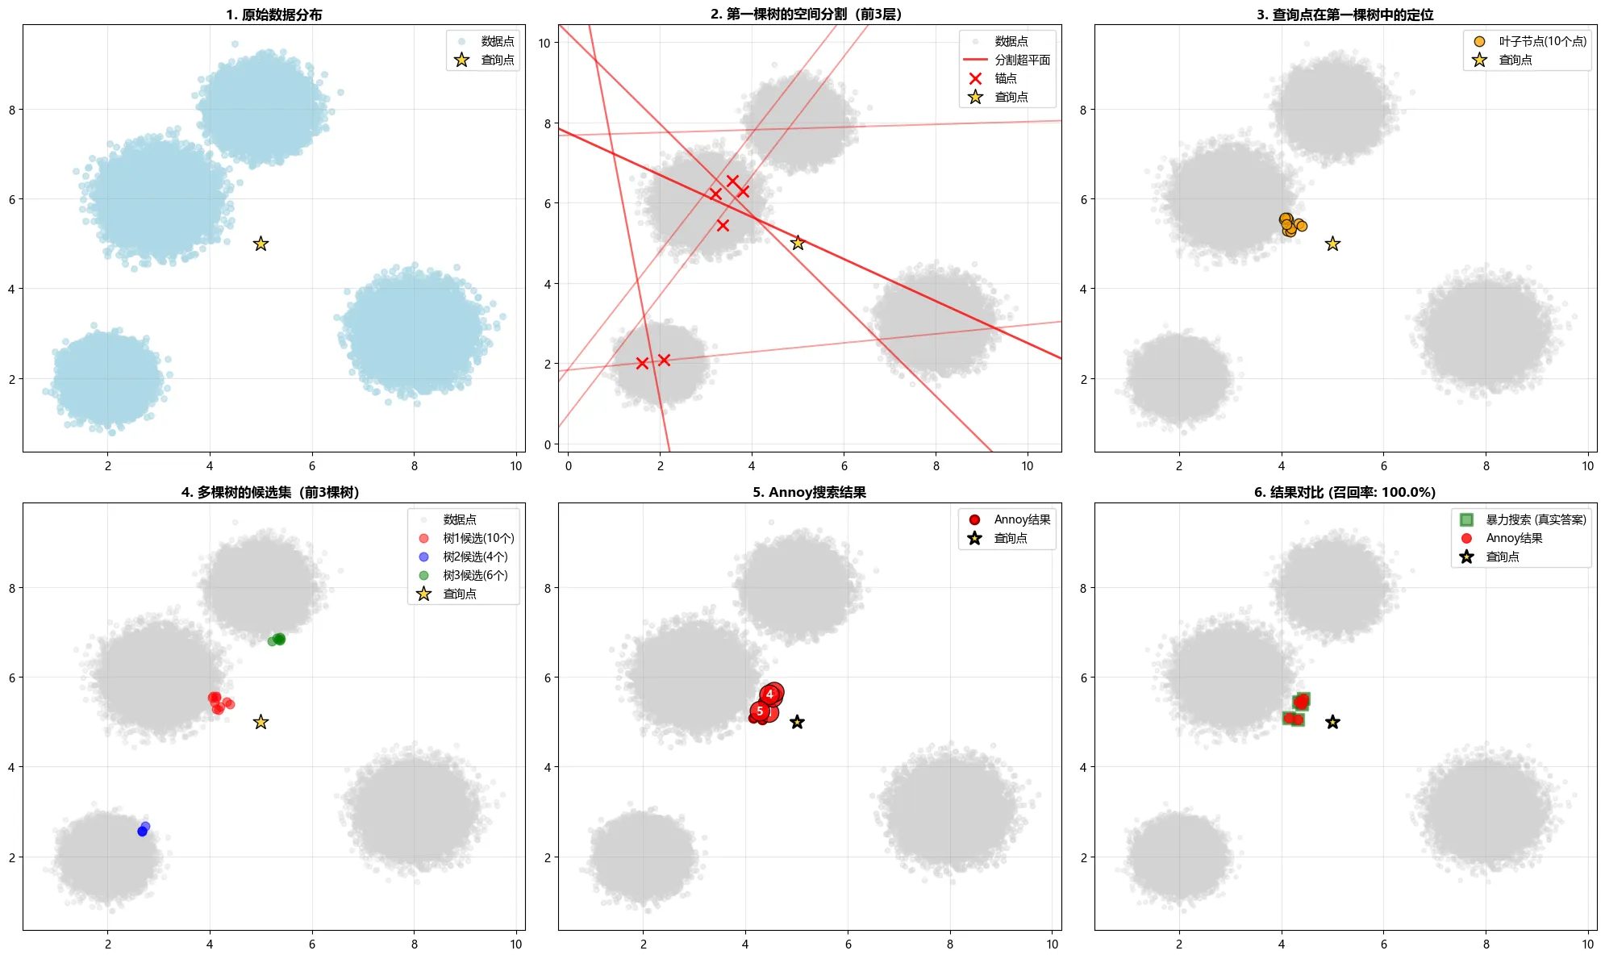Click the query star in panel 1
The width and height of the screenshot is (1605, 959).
click(x=261, y=244)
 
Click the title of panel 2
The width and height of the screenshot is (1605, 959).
click(x=807, y=14)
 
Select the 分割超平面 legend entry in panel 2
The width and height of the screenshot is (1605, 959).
click(x=1007, y=60)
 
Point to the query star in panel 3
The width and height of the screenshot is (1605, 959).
click(x=1332, y=244)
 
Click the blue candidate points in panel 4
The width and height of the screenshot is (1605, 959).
click(x=144, y=829)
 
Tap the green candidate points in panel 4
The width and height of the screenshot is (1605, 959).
click(x=277, y=640)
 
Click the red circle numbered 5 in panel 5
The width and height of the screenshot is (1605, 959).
click(x=760, y=711)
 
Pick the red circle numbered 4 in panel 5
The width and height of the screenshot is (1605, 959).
click(x=770, y=694)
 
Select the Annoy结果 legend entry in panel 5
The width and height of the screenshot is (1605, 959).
click(x=1009, y=519)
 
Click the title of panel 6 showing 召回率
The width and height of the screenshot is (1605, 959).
click(x=1344, y=492)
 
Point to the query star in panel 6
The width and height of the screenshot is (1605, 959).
click(x=1332, y=722)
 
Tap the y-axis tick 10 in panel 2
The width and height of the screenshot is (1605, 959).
click(x=544, y=43)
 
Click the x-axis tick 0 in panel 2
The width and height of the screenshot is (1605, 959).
click(x=569, y=465)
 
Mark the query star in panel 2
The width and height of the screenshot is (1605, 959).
click(x=798, y=243)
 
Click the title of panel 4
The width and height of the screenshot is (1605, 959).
click(x=270, y=492)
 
